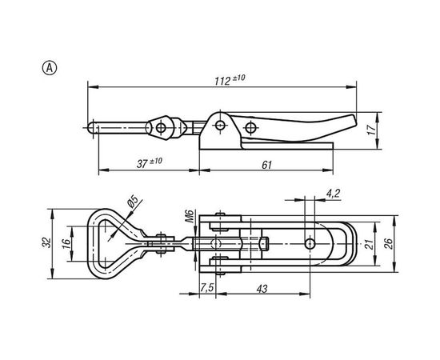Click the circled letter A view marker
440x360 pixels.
(x=50, y=68)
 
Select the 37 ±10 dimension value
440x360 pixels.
(x=150, y=162)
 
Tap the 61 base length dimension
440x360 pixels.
(x=267, y=165)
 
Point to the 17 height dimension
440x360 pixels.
(x=371, y=130)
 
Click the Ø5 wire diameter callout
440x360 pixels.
(x=133, y=202)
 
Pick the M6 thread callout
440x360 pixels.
(x=190, y=216)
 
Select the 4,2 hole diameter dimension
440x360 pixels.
(x=333, y=194)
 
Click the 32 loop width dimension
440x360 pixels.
(x=47, y=242)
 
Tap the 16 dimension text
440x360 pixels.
(x=66, y=242)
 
